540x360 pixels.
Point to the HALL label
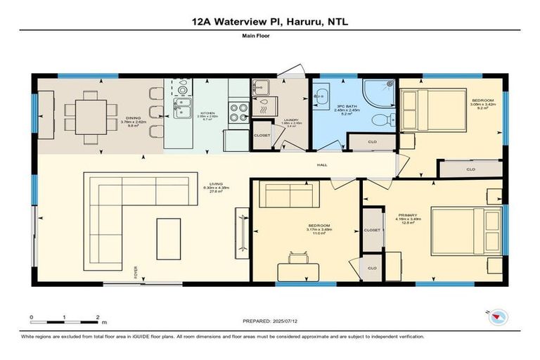(x=321, y=166)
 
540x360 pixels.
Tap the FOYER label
(x=136, y=272)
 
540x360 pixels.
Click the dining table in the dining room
(x=89, y=112)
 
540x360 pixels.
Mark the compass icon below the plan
(x=499, y=317)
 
